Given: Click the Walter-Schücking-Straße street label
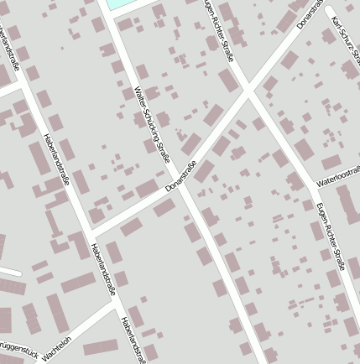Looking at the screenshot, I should pyautogui.click(x=153, y=124).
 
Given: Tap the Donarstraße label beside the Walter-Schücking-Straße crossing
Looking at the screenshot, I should pyautogui.click(x=180, y=175).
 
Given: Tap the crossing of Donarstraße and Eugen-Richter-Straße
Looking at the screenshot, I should pyautogui.click(x=249, y=91).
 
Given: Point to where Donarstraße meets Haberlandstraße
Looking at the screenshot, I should pyautogui.click(x=90, y=232).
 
